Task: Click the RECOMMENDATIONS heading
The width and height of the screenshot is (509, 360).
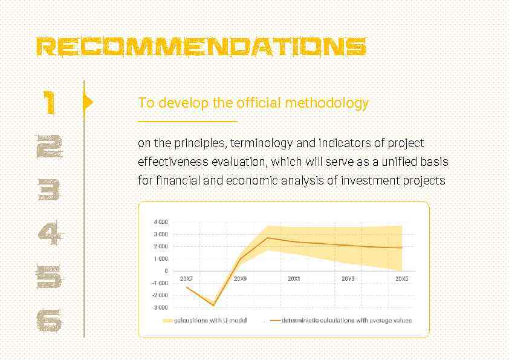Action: [201, 47]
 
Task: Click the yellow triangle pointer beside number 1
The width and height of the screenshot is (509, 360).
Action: [88, 102]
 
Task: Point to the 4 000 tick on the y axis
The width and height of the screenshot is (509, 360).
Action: [160, 222]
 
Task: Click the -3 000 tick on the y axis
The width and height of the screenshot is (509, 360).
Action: [160, 307]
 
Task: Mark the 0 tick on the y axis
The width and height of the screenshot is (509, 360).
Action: [166, 271]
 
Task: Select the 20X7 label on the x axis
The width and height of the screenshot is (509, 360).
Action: [186, 279]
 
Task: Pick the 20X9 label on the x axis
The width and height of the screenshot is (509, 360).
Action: [240, 279]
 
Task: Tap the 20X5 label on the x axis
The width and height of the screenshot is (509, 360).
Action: [402, 279]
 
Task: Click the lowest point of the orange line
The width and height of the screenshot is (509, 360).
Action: [213, 306]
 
